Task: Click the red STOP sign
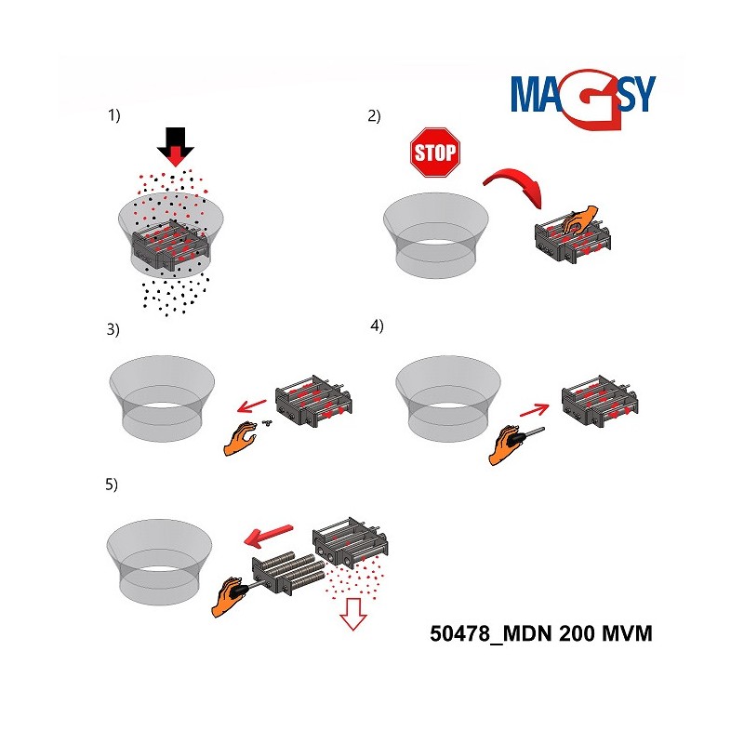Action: point(435,153)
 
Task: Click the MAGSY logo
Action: point(583,99)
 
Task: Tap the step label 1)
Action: point(113,115)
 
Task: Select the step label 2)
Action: point(374,116)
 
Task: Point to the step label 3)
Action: point(113,329)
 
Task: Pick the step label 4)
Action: point(377,326)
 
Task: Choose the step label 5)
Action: point(112,485)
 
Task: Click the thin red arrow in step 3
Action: point(252,405)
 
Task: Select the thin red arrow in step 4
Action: point(534,410)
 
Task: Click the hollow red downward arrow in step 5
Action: point(353,614)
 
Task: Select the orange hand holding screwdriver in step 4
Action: point(504,445)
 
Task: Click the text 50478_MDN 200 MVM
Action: point(541,633)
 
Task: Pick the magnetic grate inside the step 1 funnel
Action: point(171,245)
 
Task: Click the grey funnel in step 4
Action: point(448,399)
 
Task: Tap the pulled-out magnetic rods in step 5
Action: point(288,573)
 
